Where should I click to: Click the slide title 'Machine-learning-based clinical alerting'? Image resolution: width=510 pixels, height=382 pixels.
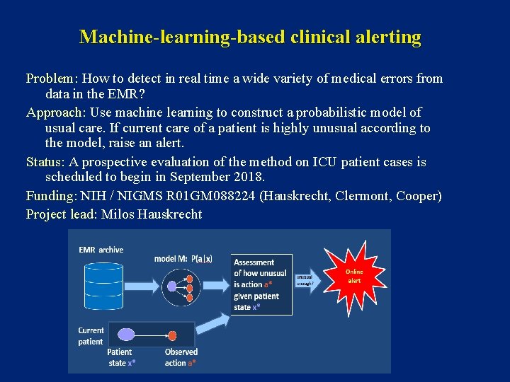click(x=250, y=37)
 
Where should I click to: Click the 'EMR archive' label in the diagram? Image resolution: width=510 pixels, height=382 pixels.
click(x=101, y=249)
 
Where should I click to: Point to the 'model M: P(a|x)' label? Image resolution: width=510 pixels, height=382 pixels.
click(x=183, y=258)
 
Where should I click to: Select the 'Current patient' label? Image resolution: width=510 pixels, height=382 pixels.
click(x=91, y=335)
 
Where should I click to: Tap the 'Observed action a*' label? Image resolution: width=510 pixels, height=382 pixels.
click(x=181, y=357)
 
